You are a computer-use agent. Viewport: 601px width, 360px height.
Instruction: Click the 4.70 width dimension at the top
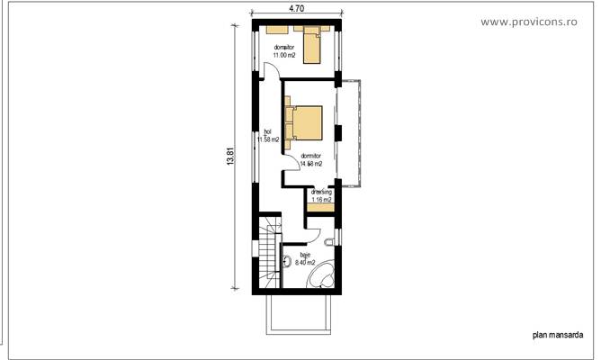click(x=295, y=8)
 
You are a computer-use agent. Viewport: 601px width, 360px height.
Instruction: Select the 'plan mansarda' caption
click(x=558, y=334)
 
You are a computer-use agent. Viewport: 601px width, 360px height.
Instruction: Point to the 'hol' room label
click(x=268, y=131)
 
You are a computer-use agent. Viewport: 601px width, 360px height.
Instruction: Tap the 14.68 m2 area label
click(x=311, y=164)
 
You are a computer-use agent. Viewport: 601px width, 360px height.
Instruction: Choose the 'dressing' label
click(x=321, y=192)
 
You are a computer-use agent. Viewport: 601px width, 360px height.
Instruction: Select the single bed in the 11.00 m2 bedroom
click(x=310, y=44)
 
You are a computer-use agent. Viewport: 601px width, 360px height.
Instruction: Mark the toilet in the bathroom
click(x=330, y=243)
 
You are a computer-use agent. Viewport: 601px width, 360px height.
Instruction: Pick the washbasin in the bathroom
click(x=285, y=263)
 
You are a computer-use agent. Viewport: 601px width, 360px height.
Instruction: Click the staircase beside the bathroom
click(x=269, y=255)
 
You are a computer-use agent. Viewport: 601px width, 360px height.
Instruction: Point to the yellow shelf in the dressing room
click(x=319, y=208)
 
